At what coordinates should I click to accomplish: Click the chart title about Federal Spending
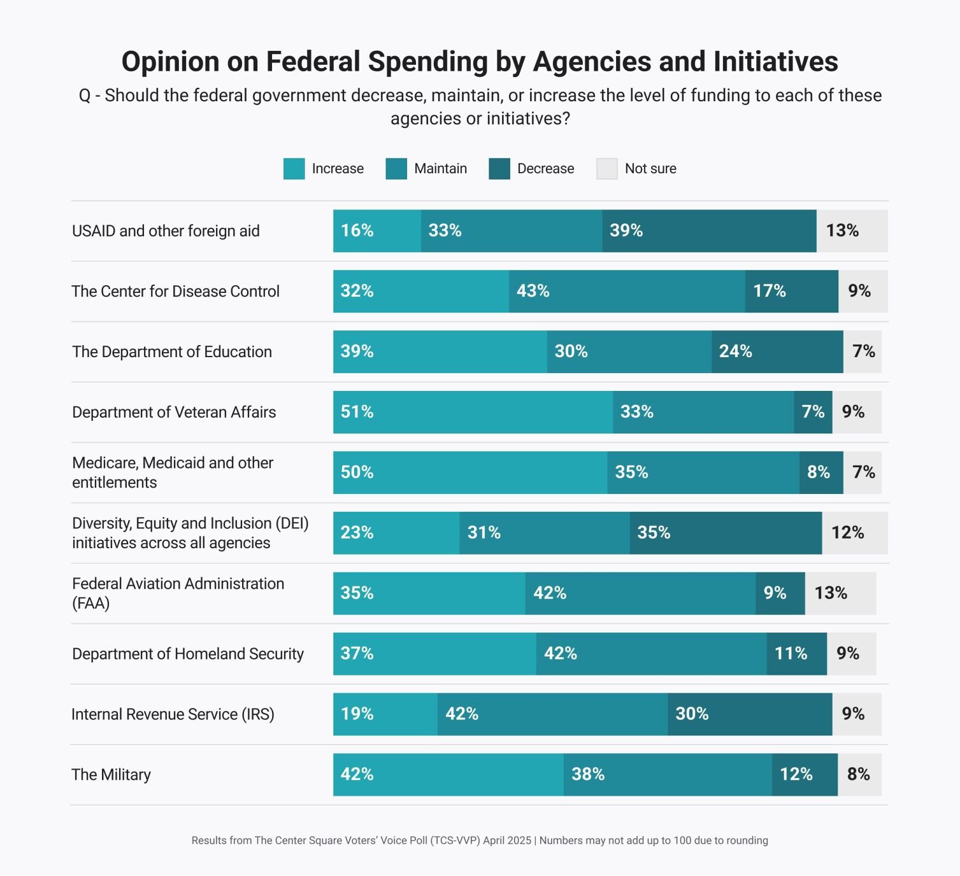pyautogui.click(x=480, y=62)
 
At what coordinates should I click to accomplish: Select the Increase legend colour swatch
pyautogui.click(x=294, y=169)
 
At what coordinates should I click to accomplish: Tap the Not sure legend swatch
pyautogui.click(x=606, y=169)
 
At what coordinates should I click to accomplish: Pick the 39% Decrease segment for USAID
pyautogui.click(x=709, y=230)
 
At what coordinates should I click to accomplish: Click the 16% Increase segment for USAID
pyautogui.click(x=376, y=230)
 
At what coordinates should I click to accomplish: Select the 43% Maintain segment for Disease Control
pyautogui.click(x=627, y=291)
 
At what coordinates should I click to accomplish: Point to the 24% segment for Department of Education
pyautogui.click(x=777, y=351)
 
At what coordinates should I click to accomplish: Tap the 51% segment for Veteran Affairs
pyautogui.click(x=473, y=412)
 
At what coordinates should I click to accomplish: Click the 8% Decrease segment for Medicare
pyautogui.click(x=821, y=472)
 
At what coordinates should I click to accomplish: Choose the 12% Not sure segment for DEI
pyautogui.click(x=854, y=533)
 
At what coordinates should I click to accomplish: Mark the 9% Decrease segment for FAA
pyautogui.click(x=780, y=593)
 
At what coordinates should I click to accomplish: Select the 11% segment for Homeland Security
pyautogui.click(x=796, y=654)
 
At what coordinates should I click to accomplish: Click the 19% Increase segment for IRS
pyautogui.click(x=385, y=714)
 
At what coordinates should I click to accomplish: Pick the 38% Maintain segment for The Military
pyautogui.click(x=668, y=775)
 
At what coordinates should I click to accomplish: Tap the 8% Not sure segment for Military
pyautogui.click(x=859, y=775)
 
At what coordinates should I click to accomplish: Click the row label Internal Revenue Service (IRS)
pyautogui.click(x=173, y=714)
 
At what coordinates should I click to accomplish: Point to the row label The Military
pyautogui.click(x=111, y=775)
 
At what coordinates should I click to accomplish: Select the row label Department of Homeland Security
pyautogui.click(x=188, y=654)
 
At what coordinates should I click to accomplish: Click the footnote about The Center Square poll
pyautogui.click(x=480, y=840)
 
